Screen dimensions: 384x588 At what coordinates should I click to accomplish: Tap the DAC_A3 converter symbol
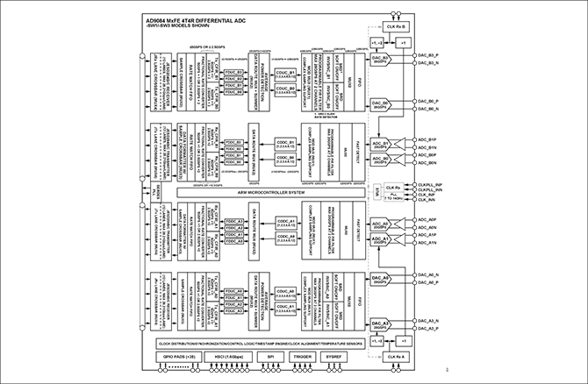(380, 326)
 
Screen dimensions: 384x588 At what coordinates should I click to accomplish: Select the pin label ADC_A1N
(427, 242)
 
